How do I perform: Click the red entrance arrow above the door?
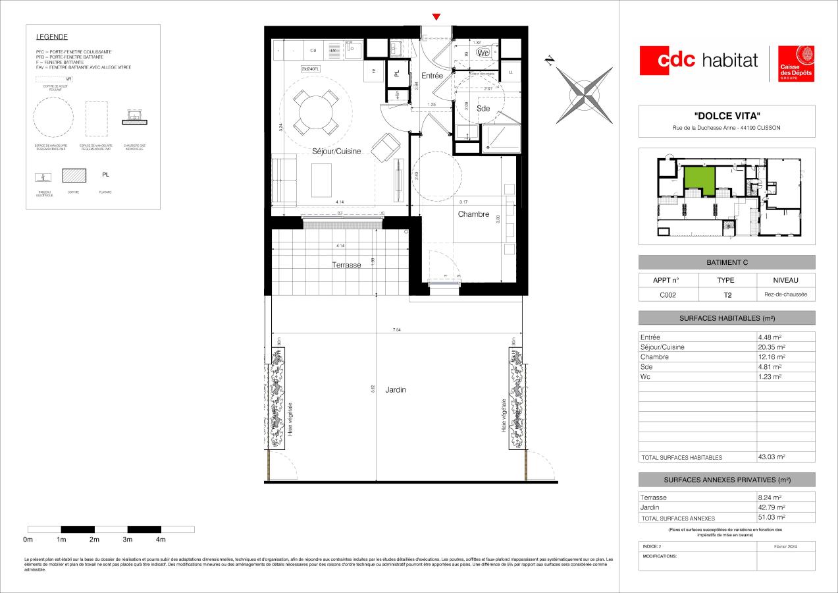click(x=436, y=16)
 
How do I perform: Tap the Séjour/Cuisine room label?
click(x=336, y=152)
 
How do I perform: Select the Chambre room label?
click(x=473, y=214)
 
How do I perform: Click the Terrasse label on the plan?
click(x=346, y=265)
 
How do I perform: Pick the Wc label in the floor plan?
click(x=483, y=53)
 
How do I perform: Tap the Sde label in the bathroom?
click(x=483, y=109)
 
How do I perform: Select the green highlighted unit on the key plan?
click(x=699, y=179)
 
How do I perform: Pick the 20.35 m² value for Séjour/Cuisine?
click(x=772, y=347)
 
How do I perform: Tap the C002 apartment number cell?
click(x=669, y=295)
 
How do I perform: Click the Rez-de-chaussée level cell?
click(x=785, y=295)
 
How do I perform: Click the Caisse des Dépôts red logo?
click(x=797, y=64)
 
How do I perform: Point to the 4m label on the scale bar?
click(x=161, y=540)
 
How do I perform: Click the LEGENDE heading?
click(x=52, y=37)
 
